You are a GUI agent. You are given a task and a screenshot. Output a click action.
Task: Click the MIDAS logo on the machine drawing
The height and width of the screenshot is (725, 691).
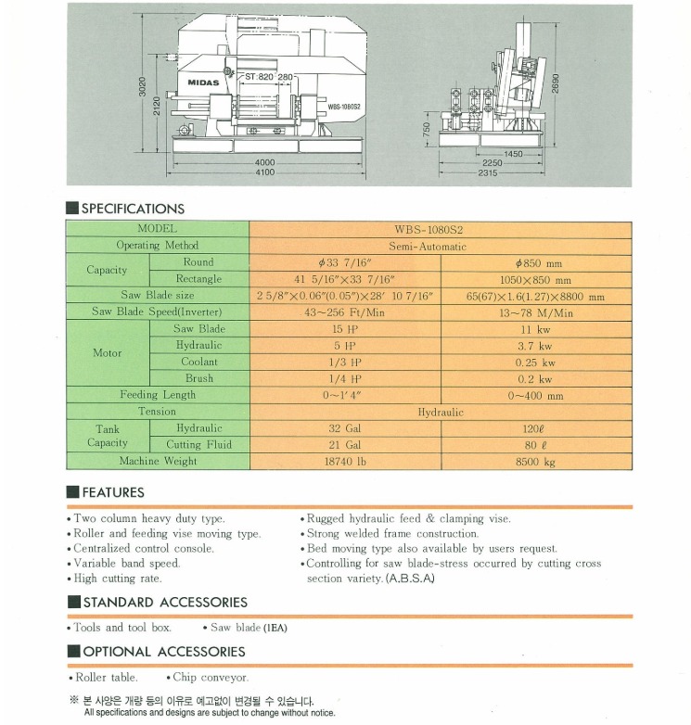(x=204, y=83)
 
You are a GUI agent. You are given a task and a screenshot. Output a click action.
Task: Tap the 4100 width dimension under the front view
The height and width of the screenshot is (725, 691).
(x=264, y=172)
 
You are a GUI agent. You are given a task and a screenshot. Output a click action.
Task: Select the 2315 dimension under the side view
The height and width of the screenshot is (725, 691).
(x=489, y=172)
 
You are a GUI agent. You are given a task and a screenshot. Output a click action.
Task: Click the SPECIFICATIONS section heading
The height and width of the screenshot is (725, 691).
(x=133, y=209)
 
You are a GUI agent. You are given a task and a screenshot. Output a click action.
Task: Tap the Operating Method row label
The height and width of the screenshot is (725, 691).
(x=157, y=246)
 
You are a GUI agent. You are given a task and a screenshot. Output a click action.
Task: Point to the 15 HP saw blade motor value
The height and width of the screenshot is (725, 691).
(x=344, y=329)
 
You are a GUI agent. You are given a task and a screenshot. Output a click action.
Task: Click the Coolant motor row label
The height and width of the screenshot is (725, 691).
(x=198, y=362)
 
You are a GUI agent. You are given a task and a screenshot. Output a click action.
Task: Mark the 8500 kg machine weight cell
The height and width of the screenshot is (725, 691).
(x=535, y=461)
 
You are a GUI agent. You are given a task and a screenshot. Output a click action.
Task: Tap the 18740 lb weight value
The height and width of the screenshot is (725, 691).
(x=344, y=461)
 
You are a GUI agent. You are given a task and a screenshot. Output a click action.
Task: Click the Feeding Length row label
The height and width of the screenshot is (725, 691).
(x=157, y=395)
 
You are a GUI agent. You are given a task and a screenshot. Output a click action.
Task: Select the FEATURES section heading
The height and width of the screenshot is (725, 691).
(x=113, y=492)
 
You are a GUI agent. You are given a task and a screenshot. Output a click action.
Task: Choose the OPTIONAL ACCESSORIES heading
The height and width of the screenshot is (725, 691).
(x=163, y=652)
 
